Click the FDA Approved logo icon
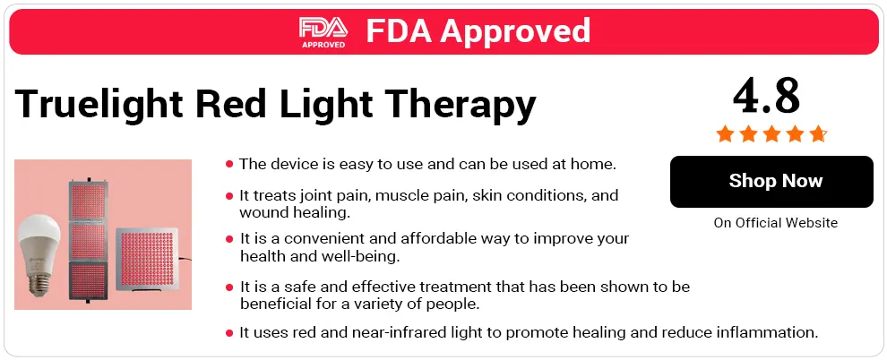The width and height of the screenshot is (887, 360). click(323, 31)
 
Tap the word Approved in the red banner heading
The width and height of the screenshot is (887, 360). click(515, 30)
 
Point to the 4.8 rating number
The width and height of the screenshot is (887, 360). click(766, 96)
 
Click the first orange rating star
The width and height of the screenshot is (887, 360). click(725, 134)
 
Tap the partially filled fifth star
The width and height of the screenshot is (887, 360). click(817, 134)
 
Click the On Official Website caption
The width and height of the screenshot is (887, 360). click(776, 223)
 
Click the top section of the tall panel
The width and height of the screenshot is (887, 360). click(87, 201)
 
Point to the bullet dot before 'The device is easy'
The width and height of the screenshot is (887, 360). click(229, 165)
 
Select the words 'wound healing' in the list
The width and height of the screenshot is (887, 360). click(295, 213)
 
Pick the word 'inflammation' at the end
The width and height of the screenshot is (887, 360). click(767, 332)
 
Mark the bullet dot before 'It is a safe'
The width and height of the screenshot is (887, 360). click(229, 287)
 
